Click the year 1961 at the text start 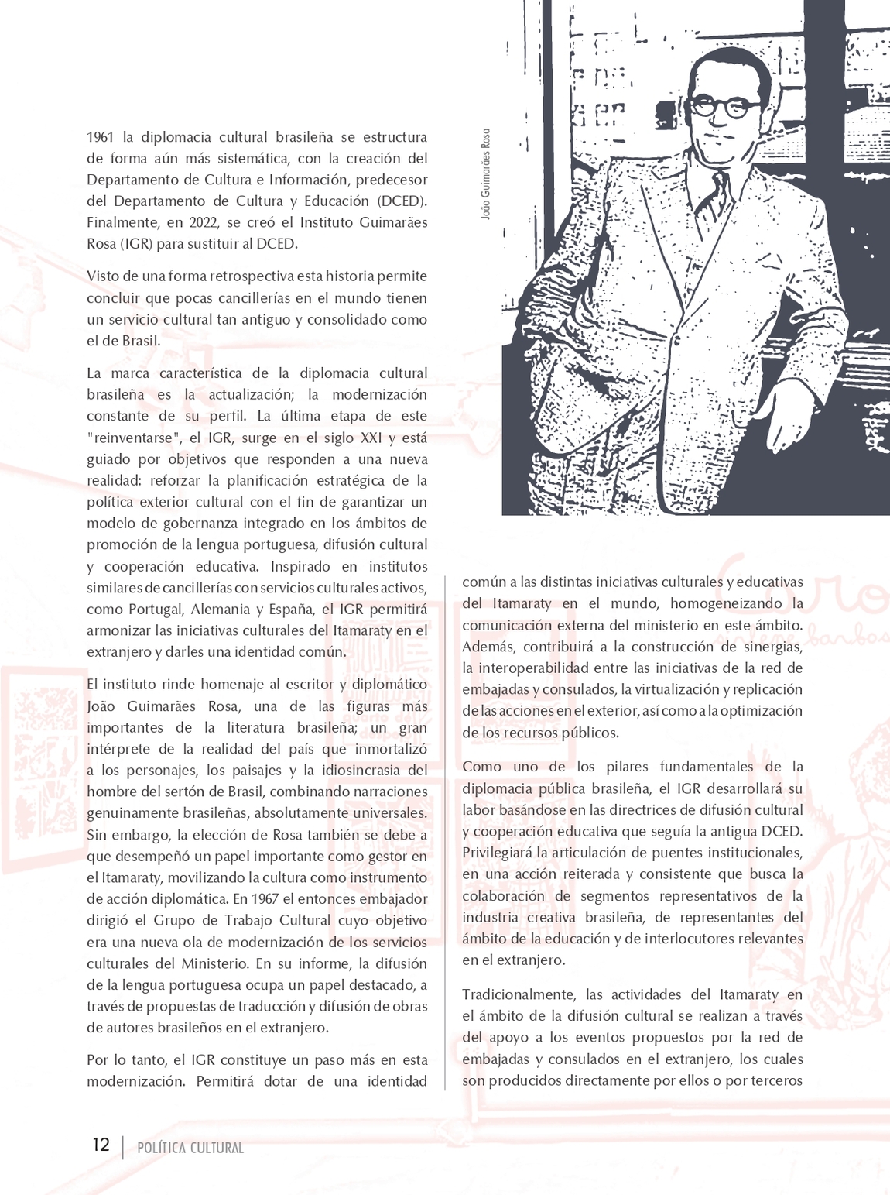click(x=100, y=137)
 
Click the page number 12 click(x=101, y=1145)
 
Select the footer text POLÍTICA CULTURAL click(x=190, y=1148)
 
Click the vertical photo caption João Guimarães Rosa click(x=485, y=173)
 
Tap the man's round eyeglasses click(x=725, y=107)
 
